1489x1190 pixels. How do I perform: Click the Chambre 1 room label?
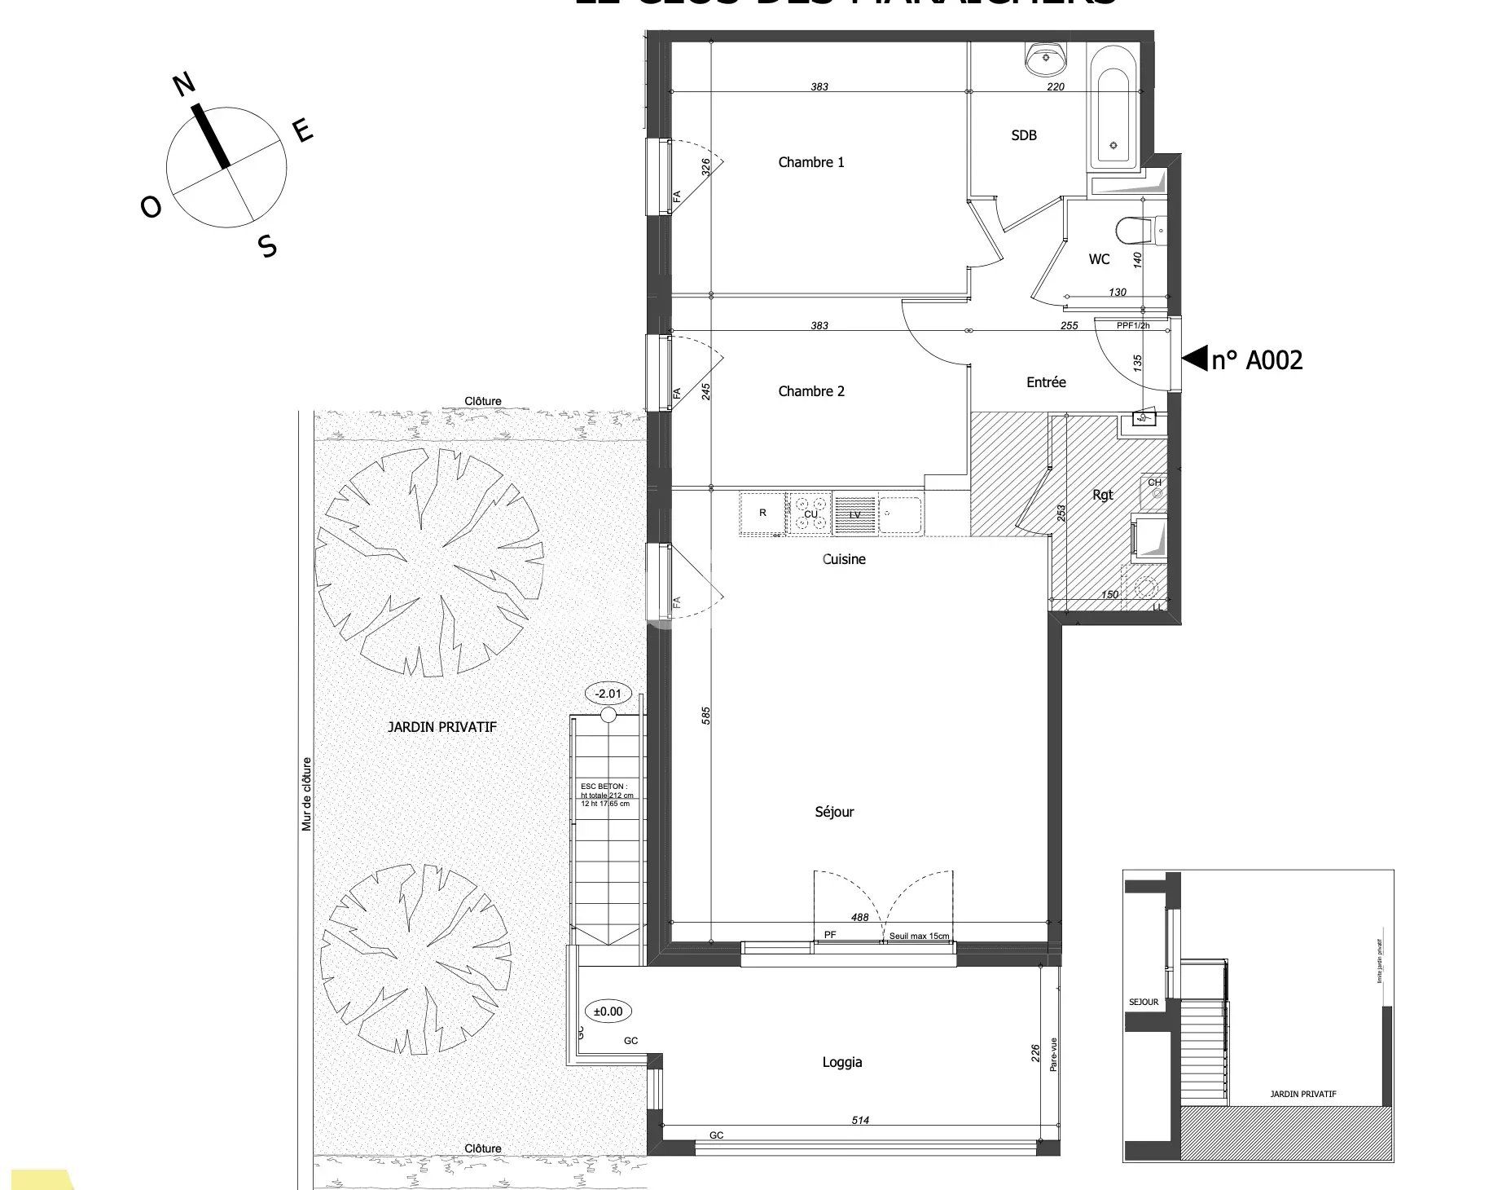(810, 162)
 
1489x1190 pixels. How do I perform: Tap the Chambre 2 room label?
(810, 391)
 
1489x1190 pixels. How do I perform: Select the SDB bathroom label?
(1023, 135)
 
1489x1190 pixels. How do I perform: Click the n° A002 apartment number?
(1256, 359)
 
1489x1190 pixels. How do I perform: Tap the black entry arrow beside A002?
(1194, 358)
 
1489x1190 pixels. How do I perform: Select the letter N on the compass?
(184, 84)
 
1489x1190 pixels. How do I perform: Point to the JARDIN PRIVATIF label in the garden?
(441, 727)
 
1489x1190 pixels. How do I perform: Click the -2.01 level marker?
(608, 694)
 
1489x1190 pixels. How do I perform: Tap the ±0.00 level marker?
(608, 1011)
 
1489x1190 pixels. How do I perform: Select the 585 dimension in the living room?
(706, 715)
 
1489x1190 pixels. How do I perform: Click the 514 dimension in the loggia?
(859, 1120)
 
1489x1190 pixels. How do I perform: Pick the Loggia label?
(841, 1062)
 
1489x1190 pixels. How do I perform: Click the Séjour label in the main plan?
(834, 812)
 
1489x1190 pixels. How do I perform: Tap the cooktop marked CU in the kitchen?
(810, 513)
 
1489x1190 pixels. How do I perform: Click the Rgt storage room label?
(1102, 495)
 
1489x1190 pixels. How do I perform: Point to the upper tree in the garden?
(428, 562)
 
